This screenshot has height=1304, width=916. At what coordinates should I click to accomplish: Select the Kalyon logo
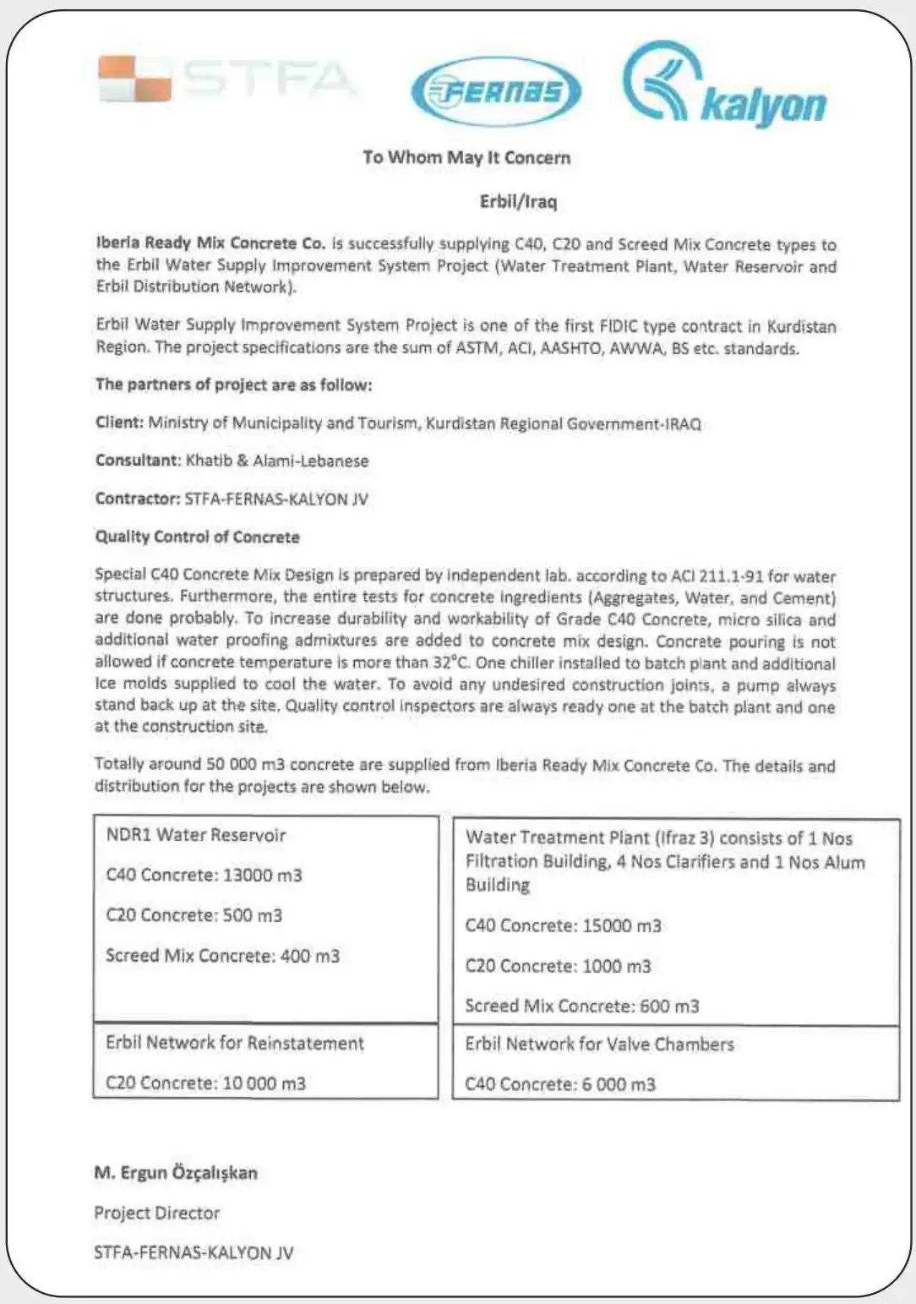725,86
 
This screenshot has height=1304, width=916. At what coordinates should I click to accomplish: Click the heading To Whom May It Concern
466,157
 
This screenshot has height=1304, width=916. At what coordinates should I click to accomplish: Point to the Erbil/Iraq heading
518,201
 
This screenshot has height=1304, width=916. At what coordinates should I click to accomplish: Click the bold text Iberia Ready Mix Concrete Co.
210,243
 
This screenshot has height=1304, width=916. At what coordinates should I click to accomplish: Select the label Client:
119,423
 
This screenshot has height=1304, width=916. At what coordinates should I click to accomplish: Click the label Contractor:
137,499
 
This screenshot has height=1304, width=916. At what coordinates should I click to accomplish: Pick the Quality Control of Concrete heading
197,537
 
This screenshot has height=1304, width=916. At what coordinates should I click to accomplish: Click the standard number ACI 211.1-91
717,576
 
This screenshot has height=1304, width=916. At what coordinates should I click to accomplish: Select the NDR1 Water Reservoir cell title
196,835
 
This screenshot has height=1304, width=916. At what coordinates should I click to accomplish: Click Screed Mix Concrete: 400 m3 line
222,956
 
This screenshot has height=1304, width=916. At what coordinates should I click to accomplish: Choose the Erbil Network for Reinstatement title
235,1043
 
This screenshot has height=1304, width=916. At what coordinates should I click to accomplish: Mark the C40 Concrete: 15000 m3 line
563,925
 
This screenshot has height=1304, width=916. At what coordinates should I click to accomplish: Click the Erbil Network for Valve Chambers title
599,1044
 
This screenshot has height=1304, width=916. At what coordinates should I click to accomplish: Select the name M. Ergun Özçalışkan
176,1172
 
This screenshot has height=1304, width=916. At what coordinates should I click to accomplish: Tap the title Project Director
156,1213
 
